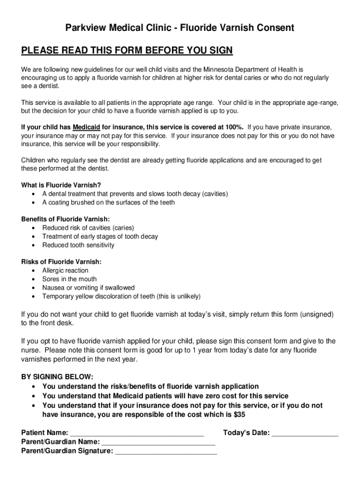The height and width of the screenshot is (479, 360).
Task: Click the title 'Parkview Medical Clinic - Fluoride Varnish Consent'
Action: click(x=180, y=28)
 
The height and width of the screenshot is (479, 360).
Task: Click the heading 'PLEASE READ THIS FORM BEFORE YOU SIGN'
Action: click(x=127, y=51)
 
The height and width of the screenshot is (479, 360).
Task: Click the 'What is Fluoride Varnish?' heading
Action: click(x=61, y=185)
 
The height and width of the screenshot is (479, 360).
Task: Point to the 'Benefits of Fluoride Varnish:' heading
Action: click(x=66, y=219)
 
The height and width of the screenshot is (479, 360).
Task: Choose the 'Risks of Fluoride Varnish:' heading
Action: click(x=61, y=262)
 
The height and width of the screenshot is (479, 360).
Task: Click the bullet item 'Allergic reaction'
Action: click(x=65, y=270)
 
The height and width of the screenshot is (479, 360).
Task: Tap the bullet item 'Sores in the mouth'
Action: click(x=69, y=279)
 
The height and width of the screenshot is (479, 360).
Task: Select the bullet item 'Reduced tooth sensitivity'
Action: click(x=78, y=245)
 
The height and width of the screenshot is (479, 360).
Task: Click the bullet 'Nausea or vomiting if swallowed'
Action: click(x=88, y=288)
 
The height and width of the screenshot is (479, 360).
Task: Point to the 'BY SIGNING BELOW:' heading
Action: click(x=57, y=377)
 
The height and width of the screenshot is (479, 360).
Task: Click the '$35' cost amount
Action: click(x=239, y=414)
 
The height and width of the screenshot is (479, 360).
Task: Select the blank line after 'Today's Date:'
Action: click(x=305, y=434)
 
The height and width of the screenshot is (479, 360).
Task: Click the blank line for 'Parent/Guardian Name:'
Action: click(x=158, y=443)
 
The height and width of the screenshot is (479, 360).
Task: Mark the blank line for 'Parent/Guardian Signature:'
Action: click(x=166, y=452)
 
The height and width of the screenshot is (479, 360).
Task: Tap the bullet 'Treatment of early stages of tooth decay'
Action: click(x=100, y=237)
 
